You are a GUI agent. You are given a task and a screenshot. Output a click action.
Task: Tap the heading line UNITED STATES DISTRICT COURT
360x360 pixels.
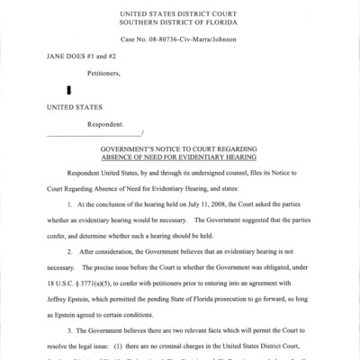pos(180,12)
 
